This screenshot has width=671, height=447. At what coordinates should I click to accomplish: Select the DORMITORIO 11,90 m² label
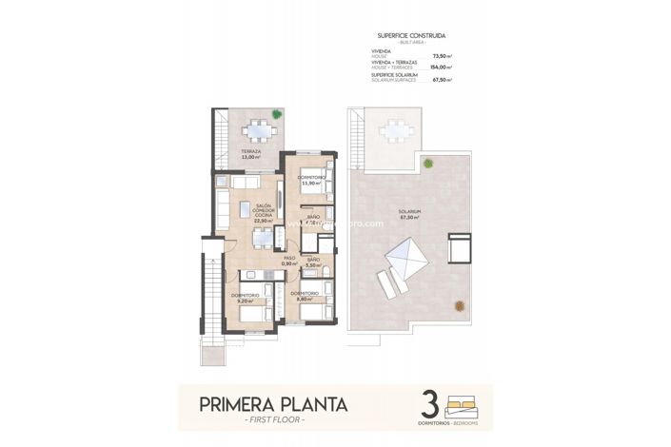tap(311, 181)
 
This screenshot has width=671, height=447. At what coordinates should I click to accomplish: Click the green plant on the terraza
tap(277, 114)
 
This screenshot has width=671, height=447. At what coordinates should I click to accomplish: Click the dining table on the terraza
tap(254, 132)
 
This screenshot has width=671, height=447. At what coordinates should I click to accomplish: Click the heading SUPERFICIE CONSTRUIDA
tap(410, 35)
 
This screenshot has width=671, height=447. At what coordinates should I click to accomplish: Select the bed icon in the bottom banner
tap(464, 399)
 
